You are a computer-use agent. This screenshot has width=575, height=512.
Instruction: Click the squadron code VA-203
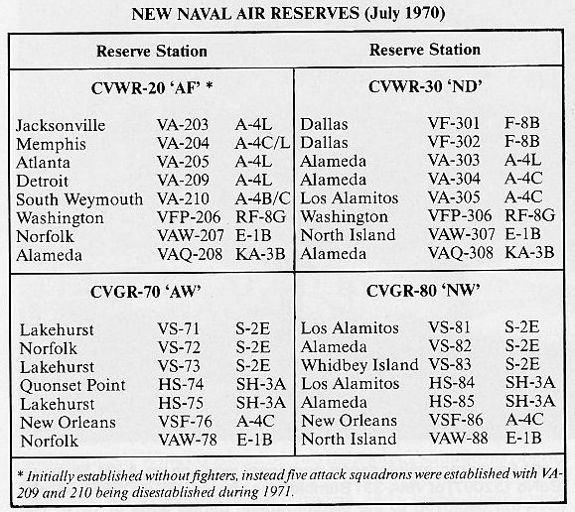click(183, 125)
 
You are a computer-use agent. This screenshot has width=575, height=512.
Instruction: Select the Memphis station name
click(51, 144)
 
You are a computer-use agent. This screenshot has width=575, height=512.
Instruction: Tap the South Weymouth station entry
click(79, 199)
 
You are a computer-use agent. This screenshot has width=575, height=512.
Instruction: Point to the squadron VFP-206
click(189, 217)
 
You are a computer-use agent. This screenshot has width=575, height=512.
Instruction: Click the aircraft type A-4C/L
click(262, 143)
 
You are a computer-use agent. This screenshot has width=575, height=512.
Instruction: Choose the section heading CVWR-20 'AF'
click(152, 88)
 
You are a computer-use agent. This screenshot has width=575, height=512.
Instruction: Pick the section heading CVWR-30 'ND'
click(425, 87)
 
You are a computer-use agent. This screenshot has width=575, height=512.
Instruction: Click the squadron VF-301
click(454, 123)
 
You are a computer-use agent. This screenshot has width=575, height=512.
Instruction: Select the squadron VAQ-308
click(461, 253)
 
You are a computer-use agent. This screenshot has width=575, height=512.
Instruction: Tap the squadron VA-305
click(454, 197)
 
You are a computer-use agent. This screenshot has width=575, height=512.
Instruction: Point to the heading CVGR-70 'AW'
click(146, 292)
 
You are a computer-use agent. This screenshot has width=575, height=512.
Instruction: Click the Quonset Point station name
click(72, 385)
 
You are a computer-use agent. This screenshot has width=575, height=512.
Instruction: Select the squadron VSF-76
click(185, 422)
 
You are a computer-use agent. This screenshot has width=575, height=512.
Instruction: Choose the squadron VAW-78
click(188, 440)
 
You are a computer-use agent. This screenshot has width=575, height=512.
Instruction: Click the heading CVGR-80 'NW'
click(423, 291)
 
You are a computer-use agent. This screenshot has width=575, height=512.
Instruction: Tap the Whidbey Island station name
click(359, 365)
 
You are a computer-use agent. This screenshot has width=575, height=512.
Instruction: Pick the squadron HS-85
click(452, 401)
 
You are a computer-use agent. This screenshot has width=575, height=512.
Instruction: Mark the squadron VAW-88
click(459, 438)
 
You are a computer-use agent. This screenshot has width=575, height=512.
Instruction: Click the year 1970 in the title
click(420, 14)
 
